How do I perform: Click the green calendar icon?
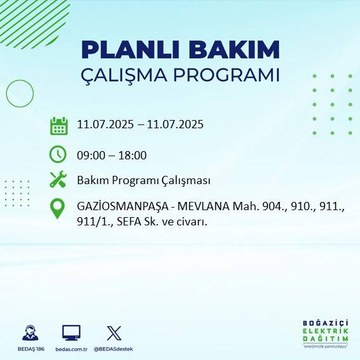point(58,125)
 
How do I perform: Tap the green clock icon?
point(58,154)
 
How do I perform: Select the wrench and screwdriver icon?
point(58,180)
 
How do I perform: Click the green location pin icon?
point(58,209)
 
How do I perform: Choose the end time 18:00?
point(133,156)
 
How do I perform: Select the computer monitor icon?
point(71,333)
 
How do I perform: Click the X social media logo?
point(114,333)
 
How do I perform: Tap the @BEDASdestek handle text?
point(114,349)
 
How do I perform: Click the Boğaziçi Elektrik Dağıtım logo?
point(325,335)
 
